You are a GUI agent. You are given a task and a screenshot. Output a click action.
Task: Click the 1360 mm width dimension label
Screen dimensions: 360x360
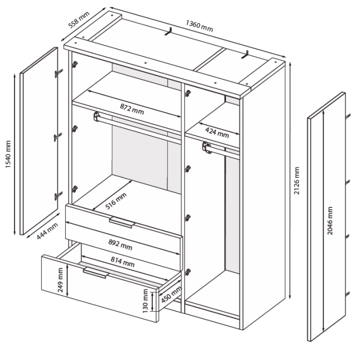coord(199,26)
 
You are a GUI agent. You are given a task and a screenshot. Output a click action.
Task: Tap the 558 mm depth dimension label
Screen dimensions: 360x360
coord(79,20)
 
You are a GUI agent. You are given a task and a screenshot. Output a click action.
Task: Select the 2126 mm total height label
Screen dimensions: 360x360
coord(297,181)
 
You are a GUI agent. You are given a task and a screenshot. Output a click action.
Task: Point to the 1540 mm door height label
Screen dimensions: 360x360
coord(8,154)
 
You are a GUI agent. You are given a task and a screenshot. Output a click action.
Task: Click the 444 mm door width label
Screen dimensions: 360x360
coord(47,231)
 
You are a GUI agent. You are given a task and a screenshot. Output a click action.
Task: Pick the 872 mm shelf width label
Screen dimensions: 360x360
coord(132,109)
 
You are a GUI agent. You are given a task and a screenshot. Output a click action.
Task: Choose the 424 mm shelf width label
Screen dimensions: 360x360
coord(217,133)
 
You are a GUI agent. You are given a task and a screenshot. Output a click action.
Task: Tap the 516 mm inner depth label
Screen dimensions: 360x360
coord(116,201)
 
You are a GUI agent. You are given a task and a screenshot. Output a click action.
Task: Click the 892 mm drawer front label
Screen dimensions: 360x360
coord(121,244)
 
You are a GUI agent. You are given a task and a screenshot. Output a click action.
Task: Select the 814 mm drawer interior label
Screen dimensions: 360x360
coord(123,262)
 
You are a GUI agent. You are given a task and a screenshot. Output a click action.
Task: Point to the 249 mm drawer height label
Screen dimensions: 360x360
coord(60,280)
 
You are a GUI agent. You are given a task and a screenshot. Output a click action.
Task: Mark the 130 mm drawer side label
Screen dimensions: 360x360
coord(145,301)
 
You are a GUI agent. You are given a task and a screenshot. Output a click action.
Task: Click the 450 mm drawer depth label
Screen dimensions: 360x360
coord(171,295)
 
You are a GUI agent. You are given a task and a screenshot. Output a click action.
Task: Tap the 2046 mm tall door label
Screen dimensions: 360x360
coord(329,220)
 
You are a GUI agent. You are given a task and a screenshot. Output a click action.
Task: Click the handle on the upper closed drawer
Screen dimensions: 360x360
coord(122,222)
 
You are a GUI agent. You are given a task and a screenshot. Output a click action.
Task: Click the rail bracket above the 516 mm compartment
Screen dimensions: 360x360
coord(96,116)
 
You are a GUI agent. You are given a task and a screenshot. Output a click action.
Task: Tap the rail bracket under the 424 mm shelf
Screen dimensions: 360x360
coord(206,147)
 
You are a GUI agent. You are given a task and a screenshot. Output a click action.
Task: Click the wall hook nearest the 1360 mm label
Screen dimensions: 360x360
coord(168,32)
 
